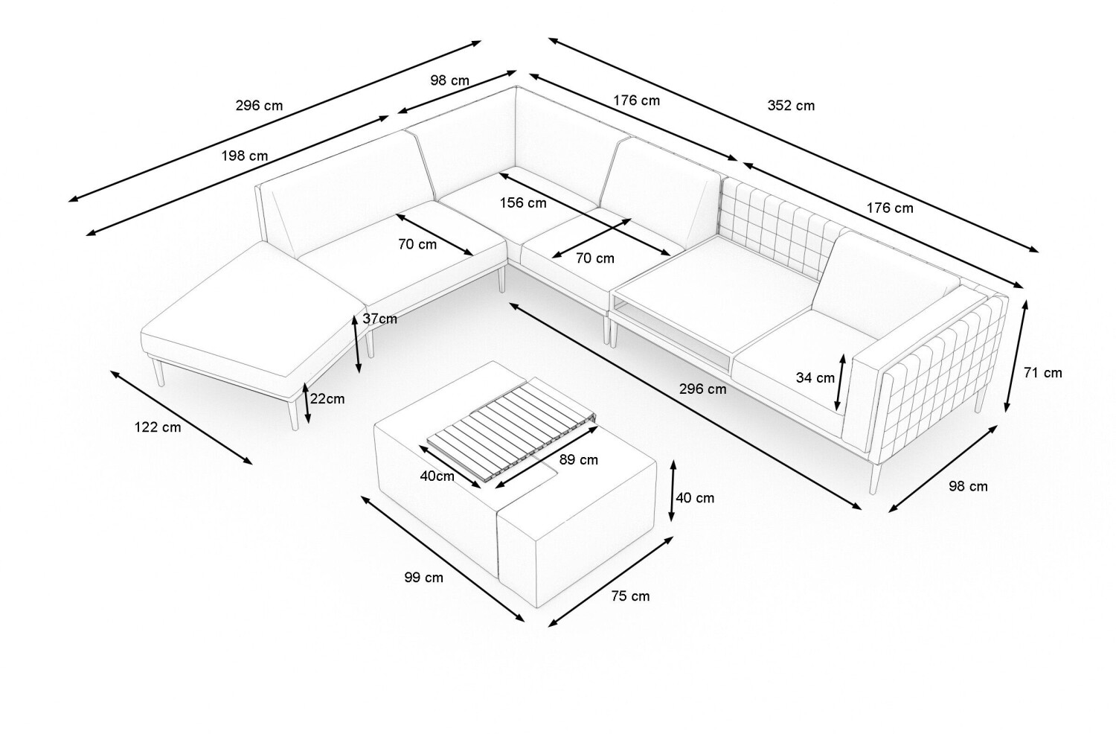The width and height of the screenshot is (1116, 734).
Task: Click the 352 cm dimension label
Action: click(790, 106)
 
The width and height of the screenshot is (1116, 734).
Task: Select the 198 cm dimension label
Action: click(244, 156)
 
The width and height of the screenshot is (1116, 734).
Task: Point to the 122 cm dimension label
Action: click(157, 427)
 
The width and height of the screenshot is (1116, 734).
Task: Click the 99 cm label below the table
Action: click(423, 577)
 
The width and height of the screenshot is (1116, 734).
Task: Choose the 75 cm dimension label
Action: click(630, 596)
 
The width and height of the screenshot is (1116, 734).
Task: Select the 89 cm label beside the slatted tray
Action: click(578, 460)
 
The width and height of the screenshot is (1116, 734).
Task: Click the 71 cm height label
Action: click(1042, 373)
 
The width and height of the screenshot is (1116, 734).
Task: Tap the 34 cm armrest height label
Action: click(815, 377)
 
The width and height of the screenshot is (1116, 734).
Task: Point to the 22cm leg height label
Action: click(327, 399)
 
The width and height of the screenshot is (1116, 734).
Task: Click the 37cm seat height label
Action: click(379, 319)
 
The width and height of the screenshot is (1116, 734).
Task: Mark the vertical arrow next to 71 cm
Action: click(1017, 356)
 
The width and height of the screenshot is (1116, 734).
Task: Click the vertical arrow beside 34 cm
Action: click(841, 382)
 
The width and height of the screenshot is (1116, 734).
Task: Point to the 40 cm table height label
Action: click(694, 498)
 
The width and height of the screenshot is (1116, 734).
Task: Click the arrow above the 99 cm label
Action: click(443, 558)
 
